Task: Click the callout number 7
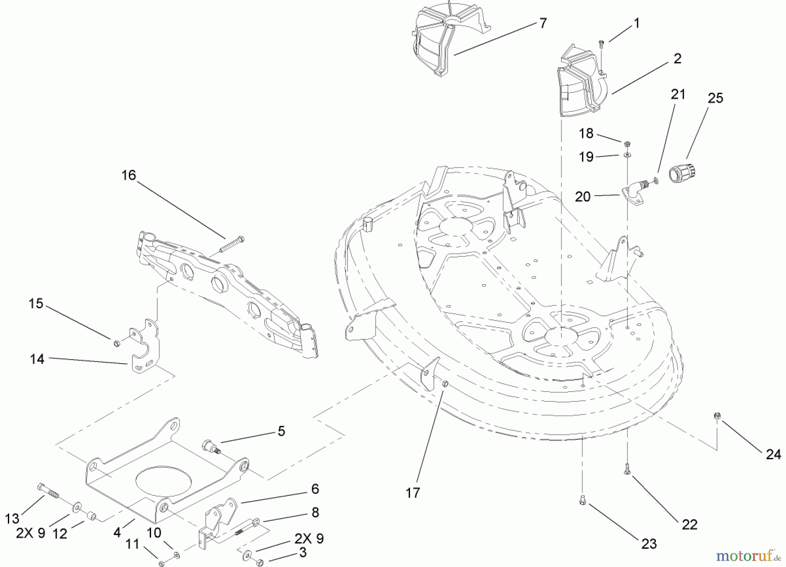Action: click(543, 23)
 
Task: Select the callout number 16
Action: click(129, 175)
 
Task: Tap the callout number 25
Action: click(715, 98)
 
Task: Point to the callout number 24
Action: click(773, 454)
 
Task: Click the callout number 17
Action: click(412, 493)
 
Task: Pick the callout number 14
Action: click(37, 359)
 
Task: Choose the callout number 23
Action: click(649, 544)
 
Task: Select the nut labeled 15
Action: click(116, 343)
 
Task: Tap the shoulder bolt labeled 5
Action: click(210, 447)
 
